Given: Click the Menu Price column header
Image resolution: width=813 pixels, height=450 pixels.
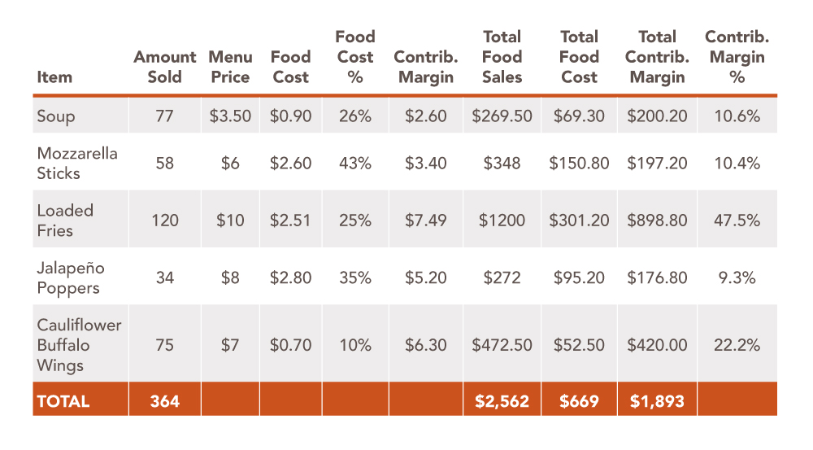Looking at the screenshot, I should (229, 67).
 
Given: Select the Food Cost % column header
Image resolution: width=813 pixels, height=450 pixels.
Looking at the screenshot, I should (355, 57).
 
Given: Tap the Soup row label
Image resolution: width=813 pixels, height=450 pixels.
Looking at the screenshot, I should (56, 116).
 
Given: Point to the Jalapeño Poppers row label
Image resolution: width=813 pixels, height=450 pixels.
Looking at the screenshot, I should (71, 277).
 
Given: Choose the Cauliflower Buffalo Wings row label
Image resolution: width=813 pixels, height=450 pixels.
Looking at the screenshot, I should (79, 344).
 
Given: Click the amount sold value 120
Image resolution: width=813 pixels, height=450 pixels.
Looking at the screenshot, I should (165, 221).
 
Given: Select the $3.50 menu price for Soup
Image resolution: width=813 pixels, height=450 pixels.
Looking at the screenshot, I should (230, 116).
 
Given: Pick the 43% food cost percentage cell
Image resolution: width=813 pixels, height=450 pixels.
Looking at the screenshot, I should (355, 164).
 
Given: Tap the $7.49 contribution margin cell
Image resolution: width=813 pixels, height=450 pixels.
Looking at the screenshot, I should (426, 221).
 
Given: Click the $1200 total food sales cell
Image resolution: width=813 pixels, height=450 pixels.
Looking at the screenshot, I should (502, 221).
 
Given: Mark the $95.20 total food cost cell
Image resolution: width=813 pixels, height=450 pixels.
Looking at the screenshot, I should (579, 277).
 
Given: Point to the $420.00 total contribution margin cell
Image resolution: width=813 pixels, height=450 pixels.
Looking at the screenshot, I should (656, 345).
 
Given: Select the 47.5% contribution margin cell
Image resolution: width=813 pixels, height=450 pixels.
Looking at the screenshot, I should (737, 221).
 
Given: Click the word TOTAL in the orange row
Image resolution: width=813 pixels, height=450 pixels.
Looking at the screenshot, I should (63, 401).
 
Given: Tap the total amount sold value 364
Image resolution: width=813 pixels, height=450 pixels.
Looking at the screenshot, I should (165, 401).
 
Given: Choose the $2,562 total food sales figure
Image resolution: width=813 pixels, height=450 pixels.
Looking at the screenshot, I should (502, 401).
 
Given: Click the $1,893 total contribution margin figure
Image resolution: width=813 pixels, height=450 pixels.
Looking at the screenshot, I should (656, 401).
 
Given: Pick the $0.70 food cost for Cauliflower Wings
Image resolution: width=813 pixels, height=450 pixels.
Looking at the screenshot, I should (290, 345).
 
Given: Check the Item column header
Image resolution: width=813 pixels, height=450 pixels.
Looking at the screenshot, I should (54, 77).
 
